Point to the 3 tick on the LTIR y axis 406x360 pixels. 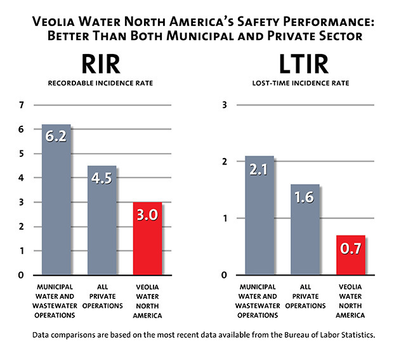click(224, 105)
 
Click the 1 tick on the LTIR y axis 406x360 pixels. click(224, 218)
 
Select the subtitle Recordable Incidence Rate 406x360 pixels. click(101, 83)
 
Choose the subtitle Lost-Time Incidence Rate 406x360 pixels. click(305, 83)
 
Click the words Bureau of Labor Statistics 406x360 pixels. click(327, 335)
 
